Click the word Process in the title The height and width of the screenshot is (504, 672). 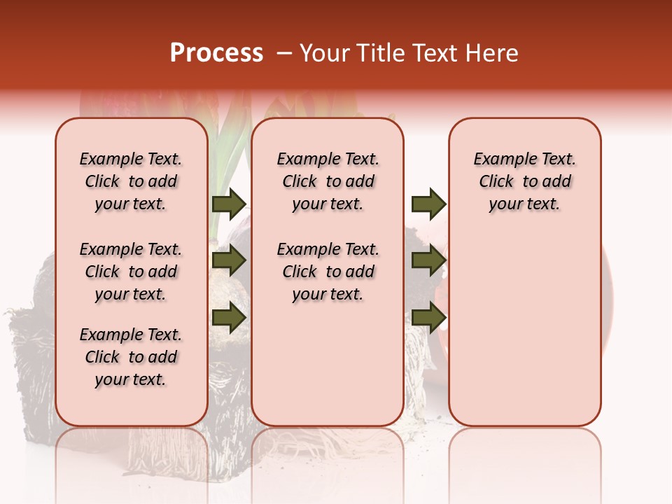[216, 53]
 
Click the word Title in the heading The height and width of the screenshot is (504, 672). [379, 53]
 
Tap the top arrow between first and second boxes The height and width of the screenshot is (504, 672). [229, 204]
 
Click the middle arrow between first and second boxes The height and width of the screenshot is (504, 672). [229, 261]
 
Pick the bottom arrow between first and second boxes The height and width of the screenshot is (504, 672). [229, 317]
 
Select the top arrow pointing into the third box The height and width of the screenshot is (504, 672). [428, 204]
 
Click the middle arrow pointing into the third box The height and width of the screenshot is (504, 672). [428, 261]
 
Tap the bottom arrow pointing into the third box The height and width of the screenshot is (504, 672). [428, 317]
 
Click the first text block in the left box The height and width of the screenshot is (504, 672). [131, 181]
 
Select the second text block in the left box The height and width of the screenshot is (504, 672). [131, 272]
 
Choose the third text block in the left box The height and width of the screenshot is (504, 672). [131, 357]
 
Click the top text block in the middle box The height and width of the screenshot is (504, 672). [328, 181]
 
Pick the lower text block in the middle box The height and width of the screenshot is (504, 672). [328, 272]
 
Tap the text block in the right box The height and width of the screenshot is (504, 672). [524, 181]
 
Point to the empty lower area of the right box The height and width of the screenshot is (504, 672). [524, 336]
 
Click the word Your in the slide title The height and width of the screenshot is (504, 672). [323, 53]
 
